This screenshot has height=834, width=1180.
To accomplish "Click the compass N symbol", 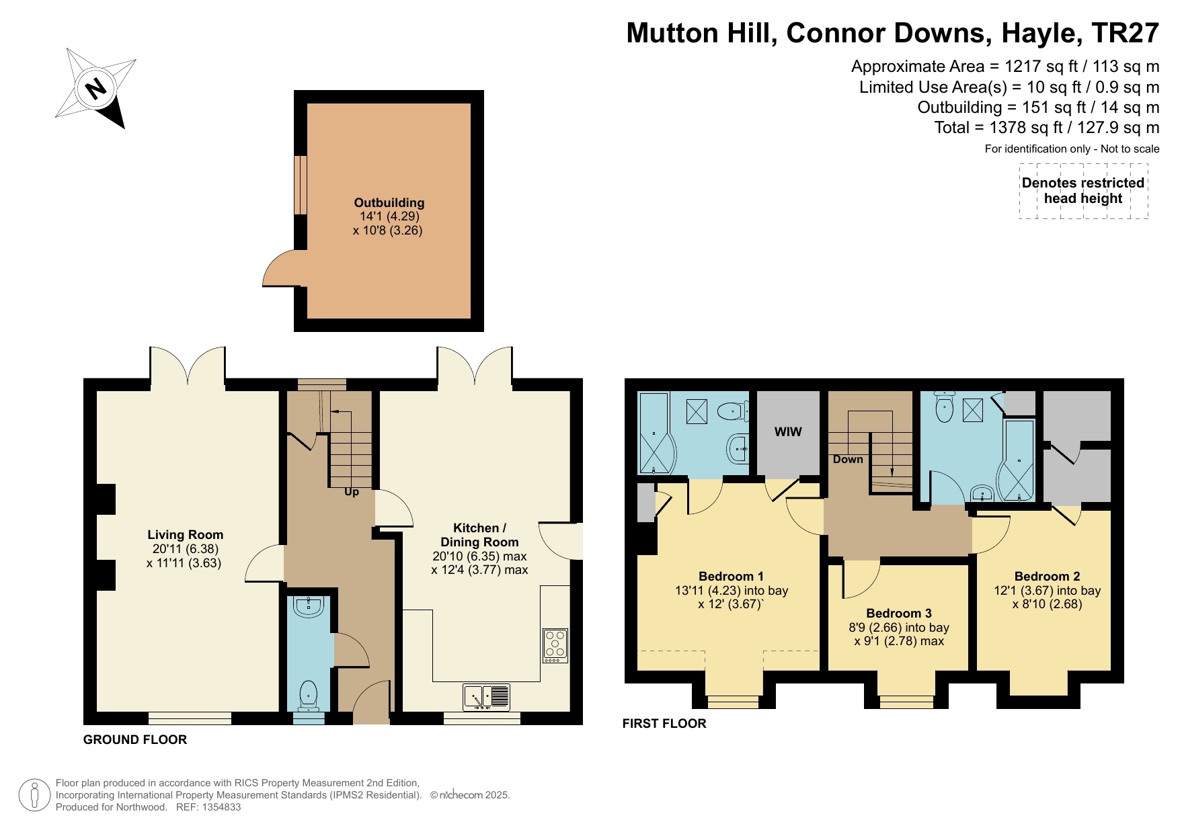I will click(x=96, y=88).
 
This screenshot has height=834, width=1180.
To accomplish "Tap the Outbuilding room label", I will click(x=389, y=202).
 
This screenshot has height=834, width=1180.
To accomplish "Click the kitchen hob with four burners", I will click(x=555, y=645).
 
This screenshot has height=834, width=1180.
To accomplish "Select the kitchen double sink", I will click(x=486, y=697).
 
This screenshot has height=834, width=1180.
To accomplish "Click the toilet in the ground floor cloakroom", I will click(x=309, y=695).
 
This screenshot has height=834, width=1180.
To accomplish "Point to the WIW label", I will click(x=788, y=431).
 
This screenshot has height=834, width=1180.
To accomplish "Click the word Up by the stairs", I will click(x=351, y=492).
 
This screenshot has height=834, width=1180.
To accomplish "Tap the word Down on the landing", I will click(x=847, y=460).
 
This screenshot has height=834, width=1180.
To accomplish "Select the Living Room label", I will click(x=185, y=535).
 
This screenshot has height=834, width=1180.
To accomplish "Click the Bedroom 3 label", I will click(x=898, y=613).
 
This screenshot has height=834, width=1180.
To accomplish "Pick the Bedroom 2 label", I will click(x=1047, y=576).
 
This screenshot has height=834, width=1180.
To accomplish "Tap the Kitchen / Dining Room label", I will click(x=479, y=535).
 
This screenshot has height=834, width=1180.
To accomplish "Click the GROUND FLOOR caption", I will click(x=134, y=739).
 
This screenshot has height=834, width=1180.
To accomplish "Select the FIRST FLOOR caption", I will click(x=664, y=723).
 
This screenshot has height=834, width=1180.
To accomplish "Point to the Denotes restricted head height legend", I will click(x=1083, y=191).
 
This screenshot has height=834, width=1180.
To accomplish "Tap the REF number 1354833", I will click(x=218, y=807).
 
